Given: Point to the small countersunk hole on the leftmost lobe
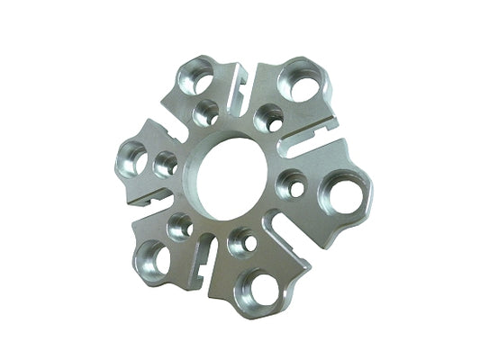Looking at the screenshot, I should click(167, 164).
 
